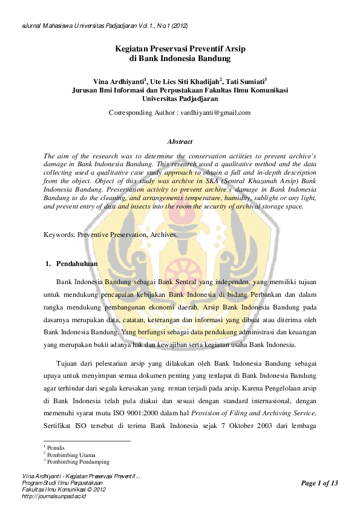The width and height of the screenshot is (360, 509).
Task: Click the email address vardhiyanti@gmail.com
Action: point(215,112)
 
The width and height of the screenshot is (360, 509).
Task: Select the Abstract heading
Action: point(180,141)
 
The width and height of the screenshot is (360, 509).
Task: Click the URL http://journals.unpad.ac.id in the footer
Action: point(54,496)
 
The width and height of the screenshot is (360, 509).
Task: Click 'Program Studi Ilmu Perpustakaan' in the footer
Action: point(62,484)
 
